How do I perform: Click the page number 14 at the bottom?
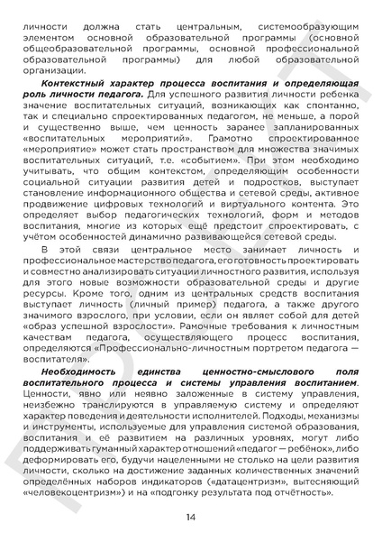pyautogui.click(x=191, y=517)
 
